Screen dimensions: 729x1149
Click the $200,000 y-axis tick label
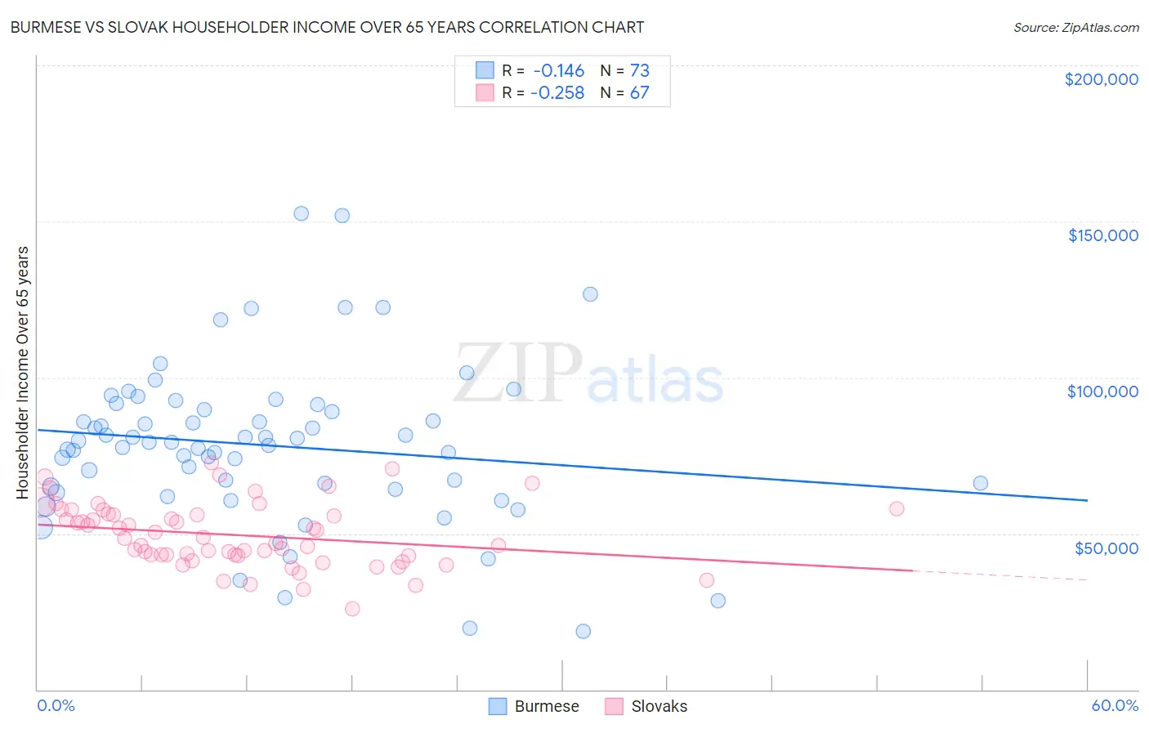[1101, 79]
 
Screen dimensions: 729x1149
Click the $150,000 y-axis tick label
[1102, 235]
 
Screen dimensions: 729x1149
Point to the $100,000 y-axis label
[1102, 391]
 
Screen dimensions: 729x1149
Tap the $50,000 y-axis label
[1106, 548]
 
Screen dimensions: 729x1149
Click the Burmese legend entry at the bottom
[546, 706]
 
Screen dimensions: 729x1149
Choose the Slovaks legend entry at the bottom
[659, 706]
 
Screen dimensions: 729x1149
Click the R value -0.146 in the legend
[558, 71]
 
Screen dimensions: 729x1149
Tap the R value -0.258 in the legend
[557, 93]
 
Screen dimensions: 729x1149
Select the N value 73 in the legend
[639, 71]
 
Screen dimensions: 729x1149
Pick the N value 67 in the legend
[639, 93]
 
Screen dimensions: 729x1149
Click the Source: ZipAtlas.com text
[1075, 28]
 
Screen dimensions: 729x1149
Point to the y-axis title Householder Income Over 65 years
[23, 373]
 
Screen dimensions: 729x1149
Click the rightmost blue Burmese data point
[980, 483]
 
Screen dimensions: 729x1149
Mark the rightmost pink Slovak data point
[896, 508]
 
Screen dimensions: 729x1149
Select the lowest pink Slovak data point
[352, 609]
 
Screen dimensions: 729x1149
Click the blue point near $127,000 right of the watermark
[590, 294]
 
